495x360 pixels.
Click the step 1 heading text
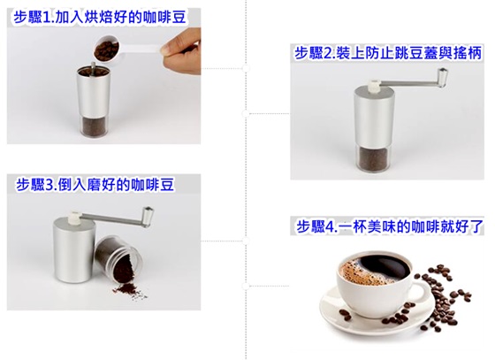(x=100, y=18)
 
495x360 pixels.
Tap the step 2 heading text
(x=388, y=53)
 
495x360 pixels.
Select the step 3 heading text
(x=95, y=184)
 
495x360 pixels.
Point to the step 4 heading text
(x=390, y=226)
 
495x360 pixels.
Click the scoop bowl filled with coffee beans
(x=106, y=49)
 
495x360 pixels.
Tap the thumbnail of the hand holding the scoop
(x=180, y=51)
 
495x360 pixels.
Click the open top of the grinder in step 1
(x=94, y=72)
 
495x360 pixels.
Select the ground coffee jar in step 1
(x=94, y=126)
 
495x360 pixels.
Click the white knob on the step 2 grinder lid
(x=374, y=86)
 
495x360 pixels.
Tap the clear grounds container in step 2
(x=374, y=158)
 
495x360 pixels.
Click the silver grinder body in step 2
(x=374, y=118)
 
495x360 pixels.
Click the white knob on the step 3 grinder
(x=75, y=218)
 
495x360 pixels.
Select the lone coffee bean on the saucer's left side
(x=345, y=315)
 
